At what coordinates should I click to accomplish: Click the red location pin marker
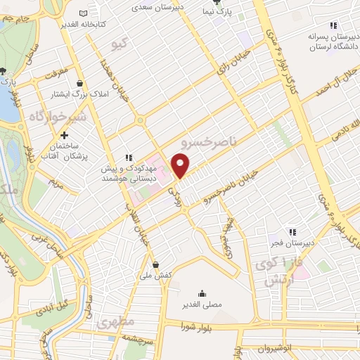click(181, 166)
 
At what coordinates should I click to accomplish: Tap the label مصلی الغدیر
click(202, 305)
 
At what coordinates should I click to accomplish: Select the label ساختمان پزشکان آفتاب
click(64, 152)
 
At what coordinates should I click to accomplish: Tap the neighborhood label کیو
click(121, 45)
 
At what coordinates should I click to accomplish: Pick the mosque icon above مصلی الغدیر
click(202, 294)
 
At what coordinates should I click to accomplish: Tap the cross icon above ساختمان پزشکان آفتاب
click(64, 134)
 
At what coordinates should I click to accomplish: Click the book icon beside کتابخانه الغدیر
click(84, 13)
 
